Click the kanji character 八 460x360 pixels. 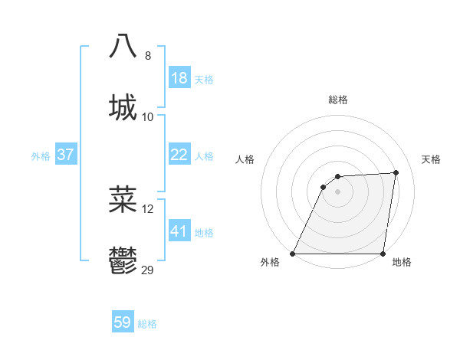click(123, 46)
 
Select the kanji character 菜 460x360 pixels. click(123, 199)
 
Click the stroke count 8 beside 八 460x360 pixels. click(148, 56)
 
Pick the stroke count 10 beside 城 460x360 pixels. click(148, 116)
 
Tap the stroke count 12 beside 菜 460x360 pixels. click(148, 209)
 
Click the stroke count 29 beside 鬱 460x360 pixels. click(148, 270)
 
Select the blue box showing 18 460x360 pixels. click(179, 78)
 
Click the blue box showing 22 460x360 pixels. click(179, 155)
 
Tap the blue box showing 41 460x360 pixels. click(179, 231)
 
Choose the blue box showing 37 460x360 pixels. click(66, 155)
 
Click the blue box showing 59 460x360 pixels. click(123, 322)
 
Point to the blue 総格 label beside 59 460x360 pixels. click(147, 324)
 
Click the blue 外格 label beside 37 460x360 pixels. click(41, 156)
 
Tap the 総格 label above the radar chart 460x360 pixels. click(338, 100)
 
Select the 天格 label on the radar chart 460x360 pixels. click(431, 159)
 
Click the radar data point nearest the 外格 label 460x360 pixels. click(293, 254)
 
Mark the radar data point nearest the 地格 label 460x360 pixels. click(383, 254)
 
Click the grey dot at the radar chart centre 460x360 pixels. click(337, 192)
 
